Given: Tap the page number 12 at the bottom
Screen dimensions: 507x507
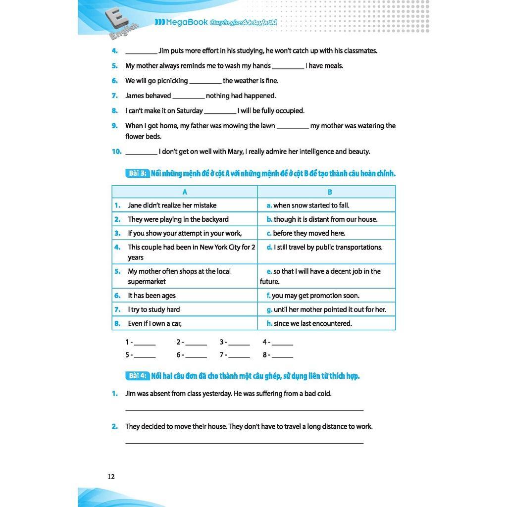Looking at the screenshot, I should pyautogui.click(x=111, y=476).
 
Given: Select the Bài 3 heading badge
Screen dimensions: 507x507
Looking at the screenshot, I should pyautogui.click(x=138, y=173).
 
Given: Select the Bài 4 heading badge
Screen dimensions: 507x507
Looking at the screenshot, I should pyautogui.click(x=138, y=376).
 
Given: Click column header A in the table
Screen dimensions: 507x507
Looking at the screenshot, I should pyautogui.click(x=185, y=192).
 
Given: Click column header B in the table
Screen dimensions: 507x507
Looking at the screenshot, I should pyautogui.click(x=330, y=192).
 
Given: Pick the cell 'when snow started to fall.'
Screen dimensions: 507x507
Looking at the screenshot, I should pyautogui.click(x=311, y=205).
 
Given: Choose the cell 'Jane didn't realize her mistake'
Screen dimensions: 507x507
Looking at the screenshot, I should pyautogui.click(x=172, y=205).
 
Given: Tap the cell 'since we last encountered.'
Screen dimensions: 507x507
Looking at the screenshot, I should pyautogui.click(x=312, y=323).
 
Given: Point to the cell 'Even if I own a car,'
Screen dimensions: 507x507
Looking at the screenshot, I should pyautogui.click(x=154, y=323).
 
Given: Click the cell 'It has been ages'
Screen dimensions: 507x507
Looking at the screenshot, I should pyautogui.click(x=152, y=296).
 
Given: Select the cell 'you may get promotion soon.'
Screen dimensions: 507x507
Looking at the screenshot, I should pyautogui.click(x=315, y=296).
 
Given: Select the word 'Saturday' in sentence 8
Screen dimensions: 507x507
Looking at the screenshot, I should pyautogui.click(x=190, y=111).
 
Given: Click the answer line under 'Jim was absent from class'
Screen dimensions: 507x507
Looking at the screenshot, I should pyautogui.click(x=244, y=409).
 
